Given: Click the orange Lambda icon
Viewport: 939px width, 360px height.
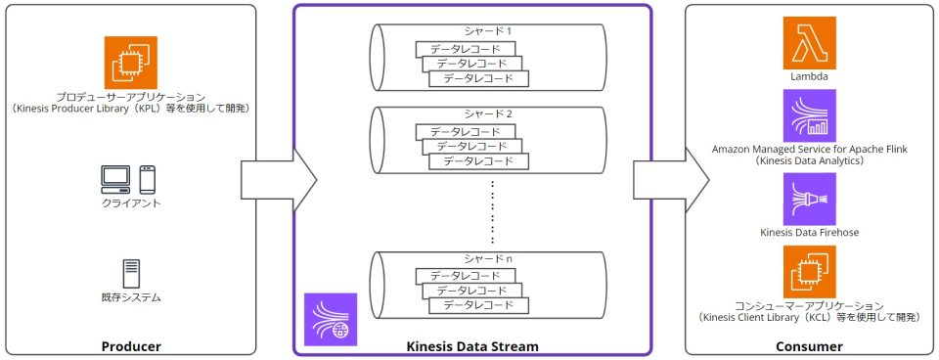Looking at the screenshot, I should (810, 42).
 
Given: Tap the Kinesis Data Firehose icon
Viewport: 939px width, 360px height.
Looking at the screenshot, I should (810, 200).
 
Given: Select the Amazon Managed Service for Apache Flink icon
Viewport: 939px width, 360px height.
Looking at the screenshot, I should (810, 115).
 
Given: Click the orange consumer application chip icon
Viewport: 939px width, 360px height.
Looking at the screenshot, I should (810, 272).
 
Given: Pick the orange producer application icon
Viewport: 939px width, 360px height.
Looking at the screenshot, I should (130, 62).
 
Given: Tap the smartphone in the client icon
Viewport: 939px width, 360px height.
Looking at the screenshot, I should (148, 180).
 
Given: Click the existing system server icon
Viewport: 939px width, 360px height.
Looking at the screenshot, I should (130, 273).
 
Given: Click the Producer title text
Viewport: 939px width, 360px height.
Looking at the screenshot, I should (131, 346).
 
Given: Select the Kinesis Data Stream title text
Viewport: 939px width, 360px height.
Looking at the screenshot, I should (472, 346).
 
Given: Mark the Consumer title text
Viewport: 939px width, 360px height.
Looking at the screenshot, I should (809, 346).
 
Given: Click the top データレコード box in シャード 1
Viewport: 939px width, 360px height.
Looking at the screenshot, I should (466, 49).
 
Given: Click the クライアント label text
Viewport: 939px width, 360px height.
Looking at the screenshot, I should (130, 203).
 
